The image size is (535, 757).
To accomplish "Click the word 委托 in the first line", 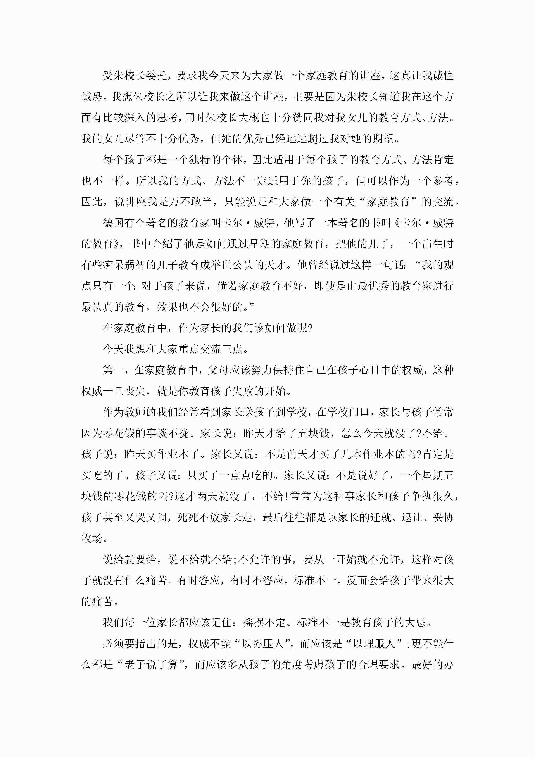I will (x=157, y=76).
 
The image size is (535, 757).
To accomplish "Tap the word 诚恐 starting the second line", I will (x=92, y=97).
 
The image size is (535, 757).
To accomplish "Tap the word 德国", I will (x=113, y=223).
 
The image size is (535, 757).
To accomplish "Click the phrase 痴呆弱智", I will (x=124, y=265).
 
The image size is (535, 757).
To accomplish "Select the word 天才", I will (x=275, y=265).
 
